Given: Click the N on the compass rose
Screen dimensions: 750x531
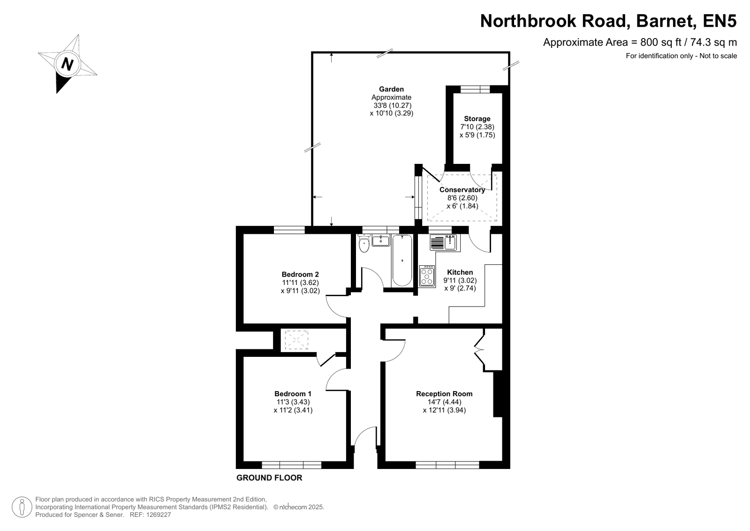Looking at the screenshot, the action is (x=67, y=64).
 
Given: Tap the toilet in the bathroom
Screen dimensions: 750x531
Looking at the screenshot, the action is (x=364, y=244).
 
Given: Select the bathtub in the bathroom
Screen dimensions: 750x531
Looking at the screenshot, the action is (x=402, y=261).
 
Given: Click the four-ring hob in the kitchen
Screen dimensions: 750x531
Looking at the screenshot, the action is (x=427, y=276).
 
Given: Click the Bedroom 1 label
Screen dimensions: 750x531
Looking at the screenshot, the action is (x=293, y=393).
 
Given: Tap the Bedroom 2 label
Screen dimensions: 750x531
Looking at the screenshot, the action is (x=300, y=274).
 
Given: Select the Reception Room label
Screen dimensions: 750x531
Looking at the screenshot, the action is (x=444, y=393).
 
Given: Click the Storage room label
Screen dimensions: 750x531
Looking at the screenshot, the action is (x=477, y=119).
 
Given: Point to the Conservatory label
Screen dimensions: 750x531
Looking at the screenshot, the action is (x=462, y=190).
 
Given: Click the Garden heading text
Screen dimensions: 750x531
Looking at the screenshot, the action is (x=391, y=89).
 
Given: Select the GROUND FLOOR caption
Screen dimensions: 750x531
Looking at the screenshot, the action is (x=269, y=477).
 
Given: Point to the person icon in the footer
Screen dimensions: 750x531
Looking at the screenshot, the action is (x=22, y=507).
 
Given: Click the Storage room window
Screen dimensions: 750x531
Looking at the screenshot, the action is (x=475, y=89).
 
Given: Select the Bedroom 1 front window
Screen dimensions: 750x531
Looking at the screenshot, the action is (x=291, y=465).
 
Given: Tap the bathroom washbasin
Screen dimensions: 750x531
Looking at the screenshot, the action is (x=381, y=240).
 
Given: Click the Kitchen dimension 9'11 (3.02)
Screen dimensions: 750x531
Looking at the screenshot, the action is (x=460, y=280).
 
